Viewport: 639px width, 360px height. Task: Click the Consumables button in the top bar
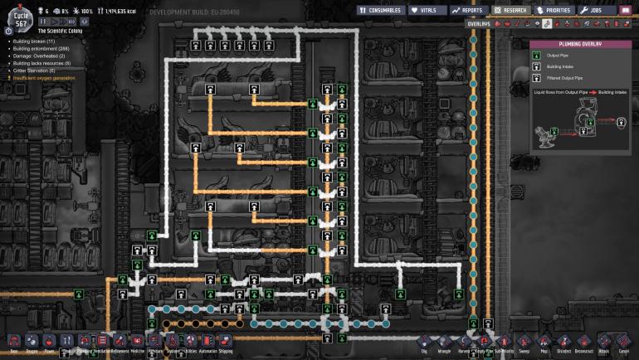382,11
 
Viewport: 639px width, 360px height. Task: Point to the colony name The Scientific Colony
61,30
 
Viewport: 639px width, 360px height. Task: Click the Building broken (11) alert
34,41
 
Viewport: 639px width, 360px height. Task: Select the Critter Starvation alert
34,71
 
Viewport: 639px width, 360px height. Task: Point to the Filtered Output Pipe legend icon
537,77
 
